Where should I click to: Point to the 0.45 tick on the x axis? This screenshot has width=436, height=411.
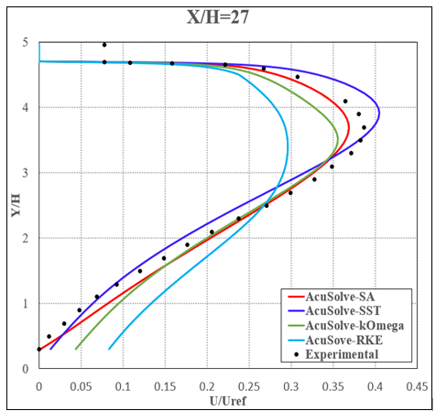point(417,385)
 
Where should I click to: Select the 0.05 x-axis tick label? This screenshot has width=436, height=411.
point(81,385)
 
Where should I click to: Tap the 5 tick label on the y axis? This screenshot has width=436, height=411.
point(27,42)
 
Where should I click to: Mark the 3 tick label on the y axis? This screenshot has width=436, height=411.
point(27,173)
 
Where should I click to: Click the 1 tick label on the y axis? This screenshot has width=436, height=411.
point(27,304)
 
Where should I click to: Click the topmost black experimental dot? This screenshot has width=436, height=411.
point(104,44)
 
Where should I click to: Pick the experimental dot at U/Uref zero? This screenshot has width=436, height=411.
point(39,349)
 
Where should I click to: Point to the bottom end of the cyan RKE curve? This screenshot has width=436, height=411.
point(109,349)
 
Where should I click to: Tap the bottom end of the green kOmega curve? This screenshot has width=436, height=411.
point(75,349)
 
